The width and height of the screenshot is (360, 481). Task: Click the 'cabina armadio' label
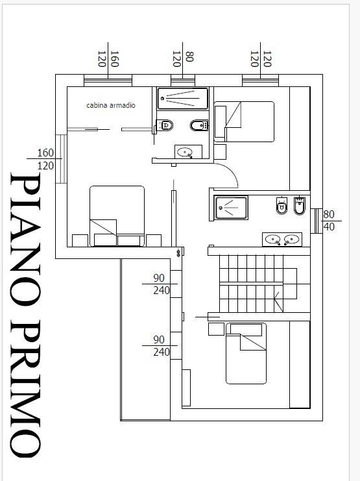click(x=111, y=105)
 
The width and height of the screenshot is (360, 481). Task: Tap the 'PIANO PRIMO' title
click(x=25, y=314)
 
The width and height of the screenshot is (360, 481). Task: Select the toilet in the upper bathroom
click(x=165, y=125)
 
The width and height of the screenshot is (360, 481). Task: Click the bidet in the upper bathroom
click(x=199, y=125)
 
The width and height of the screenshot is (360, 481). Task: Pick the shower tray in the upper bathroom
click(x=183, y=99)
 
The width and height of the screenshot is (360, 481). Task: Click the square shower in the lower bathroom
click(x=231, y=208)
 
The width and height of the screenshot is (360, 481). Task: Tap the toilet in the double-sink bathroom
click(x=282, y=205)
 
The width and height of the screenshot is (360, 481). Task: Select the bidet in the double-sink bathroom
click(x=299, y=206)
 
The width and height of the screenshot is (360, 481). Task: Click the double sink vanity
click(x=282, y=240)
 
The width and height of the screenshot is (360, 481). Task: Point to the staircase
click(x=258, y=284)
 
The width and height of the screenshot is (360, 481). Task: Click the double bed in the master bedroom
click(x=117, y=216)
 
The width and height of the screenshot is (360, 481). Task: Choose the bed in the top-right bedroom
click(x=244, y=122)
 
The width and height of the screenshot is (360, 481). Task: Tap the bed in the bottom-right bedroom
click(x=246, y=353)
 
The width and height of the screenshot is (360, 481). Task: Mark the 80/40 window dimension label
click(x=329, y=220)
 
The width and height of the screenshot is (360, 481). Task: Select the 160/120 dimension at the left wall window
click(x=45, y=159)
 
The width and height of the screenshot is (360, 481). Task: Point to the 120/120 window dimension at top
click(x=261, y=58)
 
